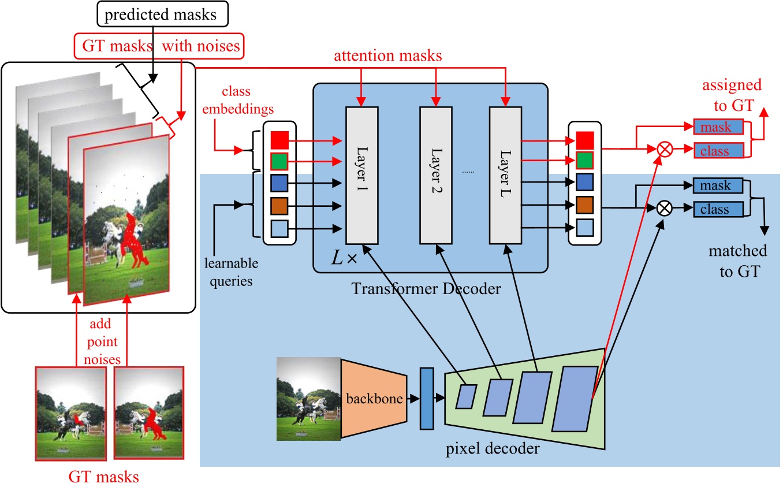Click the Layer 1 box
[361, 175]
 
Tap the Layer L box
[506, 175]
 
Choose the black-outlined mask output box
[715, 186]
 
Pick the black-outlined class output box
[715, 209]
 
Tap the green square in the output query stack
[585, 159]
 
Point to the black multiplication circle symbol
[665, 209]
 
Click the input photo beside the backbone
[308, 399]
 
